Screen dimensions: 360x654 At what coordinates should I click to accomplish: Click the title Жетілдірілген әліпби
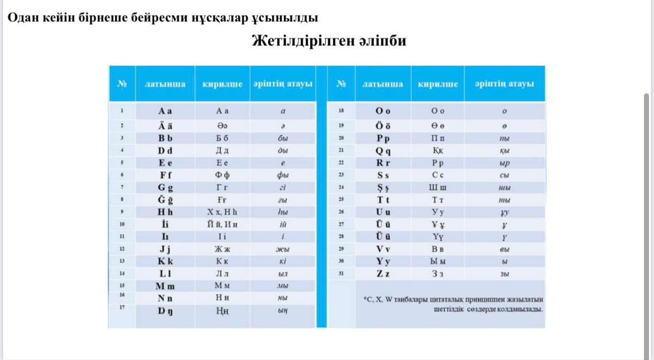(x=329, y=41)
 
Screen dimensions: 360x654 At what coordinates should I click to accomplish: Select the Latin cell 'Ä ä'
(x=165, y=125)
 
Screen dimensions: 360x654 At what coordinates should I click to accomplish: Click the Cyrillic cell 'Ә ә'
(x=222, y=125)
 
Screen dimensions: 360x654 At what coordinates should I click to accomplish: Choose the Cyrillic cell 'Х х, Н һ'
(x=222, y=212)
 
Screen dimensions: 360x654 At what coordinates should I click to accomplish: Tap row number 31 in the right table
(x=340, y=273)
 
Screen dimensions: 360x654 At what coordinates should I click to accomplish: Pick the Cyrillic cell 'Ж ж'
(x=222, y=249)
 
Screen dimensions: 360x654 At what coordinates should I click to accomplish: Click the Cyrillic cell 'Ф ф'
(x=222, y=175)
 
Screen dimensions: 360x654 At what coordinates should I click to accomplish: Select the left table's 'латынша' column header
(x=165, y=84)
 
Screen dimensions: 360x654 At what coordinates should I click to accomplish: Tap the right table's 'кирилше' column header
(x=437, y=84)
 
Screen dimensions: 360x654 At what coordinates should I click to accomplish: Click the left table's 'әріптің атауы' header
(x=282, y=84)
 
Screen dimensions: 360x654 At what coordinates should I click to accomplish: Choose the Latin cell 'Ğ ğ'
(x=165, y=200)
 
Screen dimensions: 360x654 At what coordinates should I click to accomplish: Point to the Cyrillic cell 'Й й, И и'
(x=222, y=224)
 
